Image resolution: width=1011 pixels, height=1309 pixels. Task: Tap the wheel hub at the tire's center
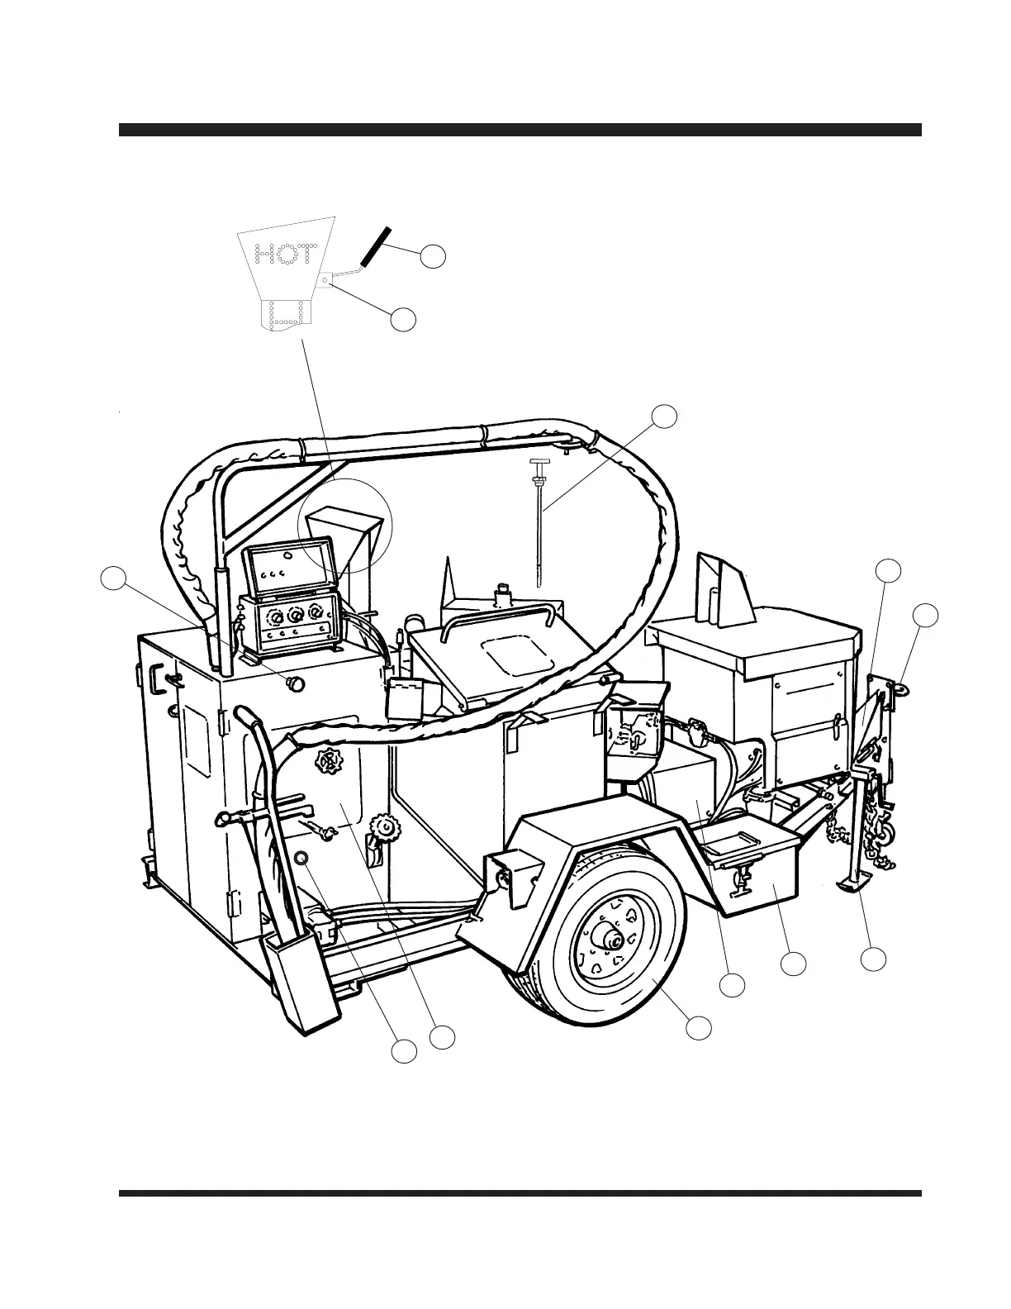(614, 937)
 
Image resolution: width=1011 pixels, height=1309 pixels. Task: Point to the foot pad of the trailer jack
(855, 886)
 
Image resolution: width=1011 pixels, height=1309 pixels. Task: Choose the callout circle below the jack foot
(873, 959)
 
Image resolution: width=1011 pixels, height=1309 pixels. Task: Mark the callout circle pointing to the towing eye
(925, 616)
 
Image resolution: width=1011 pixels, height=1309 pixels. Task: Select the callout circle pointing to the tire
(699, 1027)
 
